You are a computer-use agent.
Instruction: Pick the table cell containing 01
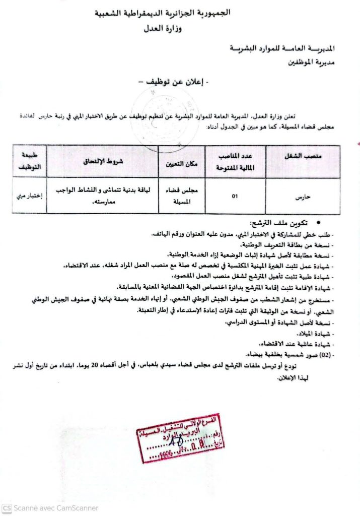click(235, 196)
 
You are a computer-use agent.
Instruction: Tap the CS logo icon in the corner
click(7, 508)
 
